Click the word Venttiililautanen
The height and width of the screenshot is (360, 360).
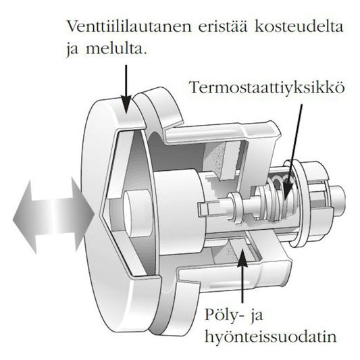click(x=129, y=26)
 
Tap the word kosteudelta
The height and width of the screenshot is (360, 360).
click(x=299, y=26)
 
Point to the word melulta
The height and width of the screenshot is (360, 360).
click(x=116, y=49)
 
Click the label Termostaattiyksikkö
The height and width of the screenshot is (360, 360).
click(x=267, y=87)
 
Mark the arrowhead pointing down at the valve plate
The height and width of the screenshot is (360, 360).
click(x=126, y=104)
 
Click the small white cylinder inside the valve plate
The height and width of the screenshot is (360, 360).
click(x=137, y=213)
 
